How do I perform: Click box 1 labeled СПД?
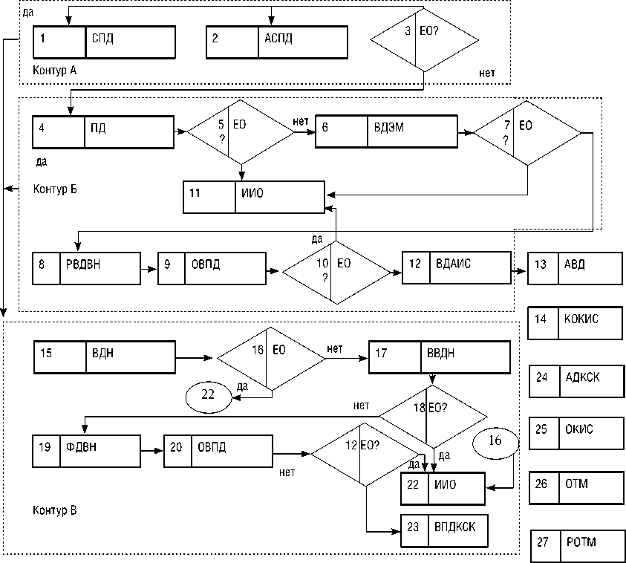pos(104,42)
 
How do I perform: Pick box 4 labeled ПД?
pos(103,132)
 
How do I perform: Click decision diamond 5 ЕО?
pos(241,131)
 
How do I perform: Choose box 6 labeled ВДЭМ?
pos(385,132)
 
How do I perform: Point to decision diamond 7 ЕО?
pos(527,131)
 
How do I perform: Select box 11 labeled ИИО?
pos(254,197)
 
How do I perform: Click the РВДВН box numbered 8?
pos(87,268)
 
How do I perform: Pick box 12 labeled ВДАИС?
pos(457,268)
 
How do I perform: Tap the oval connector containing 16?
pos(495,441)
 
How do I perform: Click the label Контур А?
pos(56,71)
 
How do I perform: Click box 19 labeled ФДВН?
pos(87,450)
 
